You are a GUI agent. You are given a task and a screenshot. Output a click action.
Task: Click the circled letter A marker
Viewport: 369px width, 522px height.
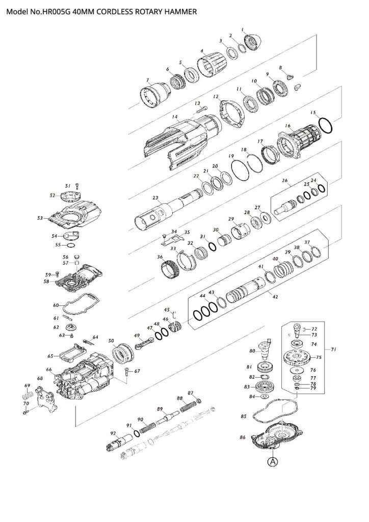click(273, 462)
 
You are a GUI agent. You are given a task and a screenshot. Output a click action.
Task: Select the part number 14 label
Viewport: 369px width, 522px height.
click(175, 117)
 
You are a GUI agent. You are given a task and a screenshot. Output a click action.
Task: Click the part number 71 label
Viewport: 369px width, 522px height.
click(348, 350)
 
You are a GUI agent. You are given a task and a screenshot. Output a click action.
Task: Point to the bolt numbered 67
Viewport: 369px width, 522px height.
click(126, 372)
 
